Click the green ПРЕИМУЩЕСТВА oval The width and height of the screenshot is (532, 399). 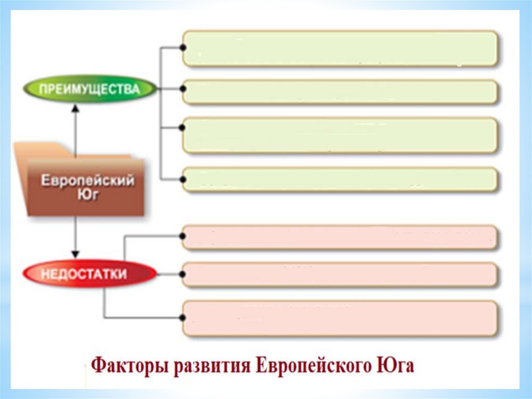click(89, 89)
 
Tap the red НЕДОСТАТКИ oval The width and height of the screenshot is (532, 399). click(89, 274)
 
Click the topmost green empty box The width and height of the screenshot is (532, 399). click(340, 48)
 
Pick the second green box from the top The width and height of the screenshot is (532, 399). click(340, 92)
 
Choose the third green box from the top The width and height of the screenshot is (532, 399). click(340, 135)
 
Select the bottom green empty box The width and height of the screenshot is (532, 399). click(340, 179)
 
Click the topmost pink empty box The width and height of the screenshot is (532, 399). click(340, 237)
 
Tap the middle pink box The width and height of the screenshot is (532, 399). click(340, 274)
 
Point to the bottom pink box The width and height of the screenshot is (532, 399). click(340, 317)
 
